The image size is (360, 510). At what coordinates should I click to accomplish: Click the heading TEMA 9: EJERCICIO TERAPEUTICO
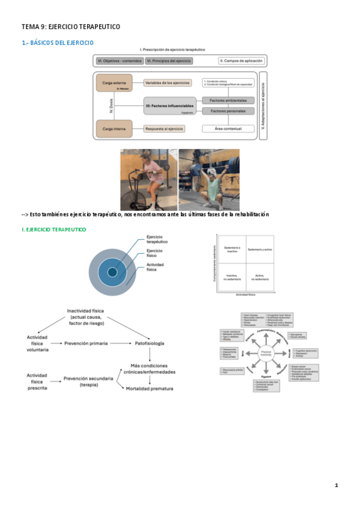click(x=71, y=26)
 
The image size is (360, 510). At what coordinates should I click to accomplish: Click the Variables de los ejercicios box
click(x=168, y=82)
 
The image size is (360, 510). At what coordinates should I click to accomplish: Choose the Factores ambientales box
click(x=228, y=100)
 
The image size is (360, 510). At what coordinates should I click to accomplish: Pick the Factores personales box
click(x=228, y=111)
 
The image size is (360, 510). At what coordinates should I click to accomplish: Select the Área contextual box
click(x=228, y=129)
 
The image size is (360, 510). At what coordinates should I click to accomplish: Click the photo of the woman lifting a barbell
click(x=209, y=180)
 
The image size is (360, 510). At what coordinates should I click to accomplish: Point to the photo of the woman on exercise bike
click(x=148, y=180)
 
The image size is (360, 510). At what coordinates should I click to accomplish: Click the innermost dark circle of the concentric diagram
click(x=112, y=273)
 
